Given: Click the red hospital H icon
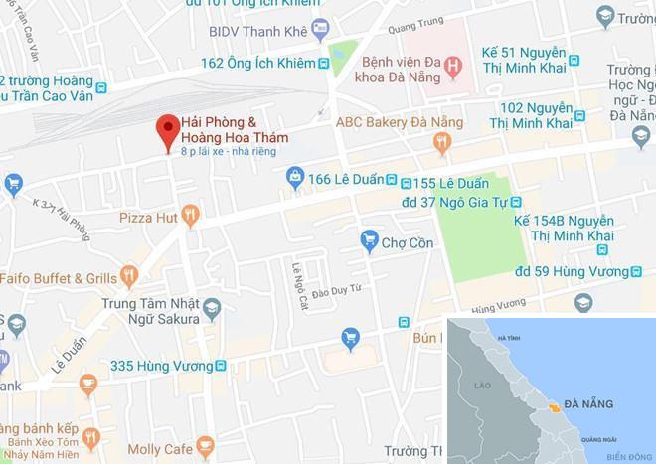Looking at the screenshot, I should tap(453, 68).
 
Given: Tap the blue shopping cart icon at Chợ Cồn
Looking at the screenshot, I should tap(369, 240).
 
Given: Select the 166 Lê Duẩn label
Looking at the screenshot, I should tap(348, 179).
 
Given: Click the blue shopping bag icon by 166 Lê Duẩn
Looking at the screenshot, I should tap(294, 178).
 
